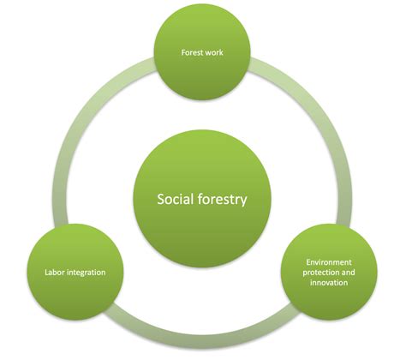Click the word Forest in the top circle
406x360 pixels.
(x=192, y=52)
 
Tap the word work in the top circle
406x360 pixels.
(x=213, y=52)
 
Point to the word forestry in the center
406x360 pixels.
(x=222, y=200)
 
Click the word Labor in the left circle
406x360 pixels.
(x=53, y=273)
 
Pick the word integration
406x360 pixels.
(x=85, y=273)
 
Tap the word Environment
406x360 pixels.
(x=329, y=262)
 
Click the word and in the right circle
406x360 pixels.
(x=349, y=273)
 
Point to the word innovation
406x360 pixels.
(x=329, y=283)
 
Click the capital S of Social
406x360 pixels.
(x=161, y=199)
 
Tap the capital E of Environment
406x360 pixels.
(x=308, y=262)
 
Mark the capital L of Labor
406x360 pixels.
(x=46, y=273)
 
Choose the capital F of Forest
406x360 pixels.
(x=183, y=52)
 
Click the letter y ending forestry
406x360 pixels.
(x=243, y=201)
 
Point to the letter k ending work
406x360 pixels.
(x=221, y=52)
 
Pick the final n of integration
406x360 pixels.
(x=104, y=273)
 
